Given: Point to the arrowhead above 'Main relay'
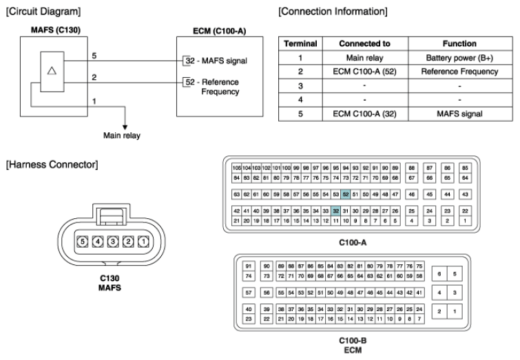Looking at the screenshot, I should (124, 125).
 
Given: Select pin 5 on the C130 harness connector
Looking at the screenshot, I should (82, 242).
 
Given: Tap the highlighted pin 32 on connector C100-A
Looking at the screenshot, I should (336, 211).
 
